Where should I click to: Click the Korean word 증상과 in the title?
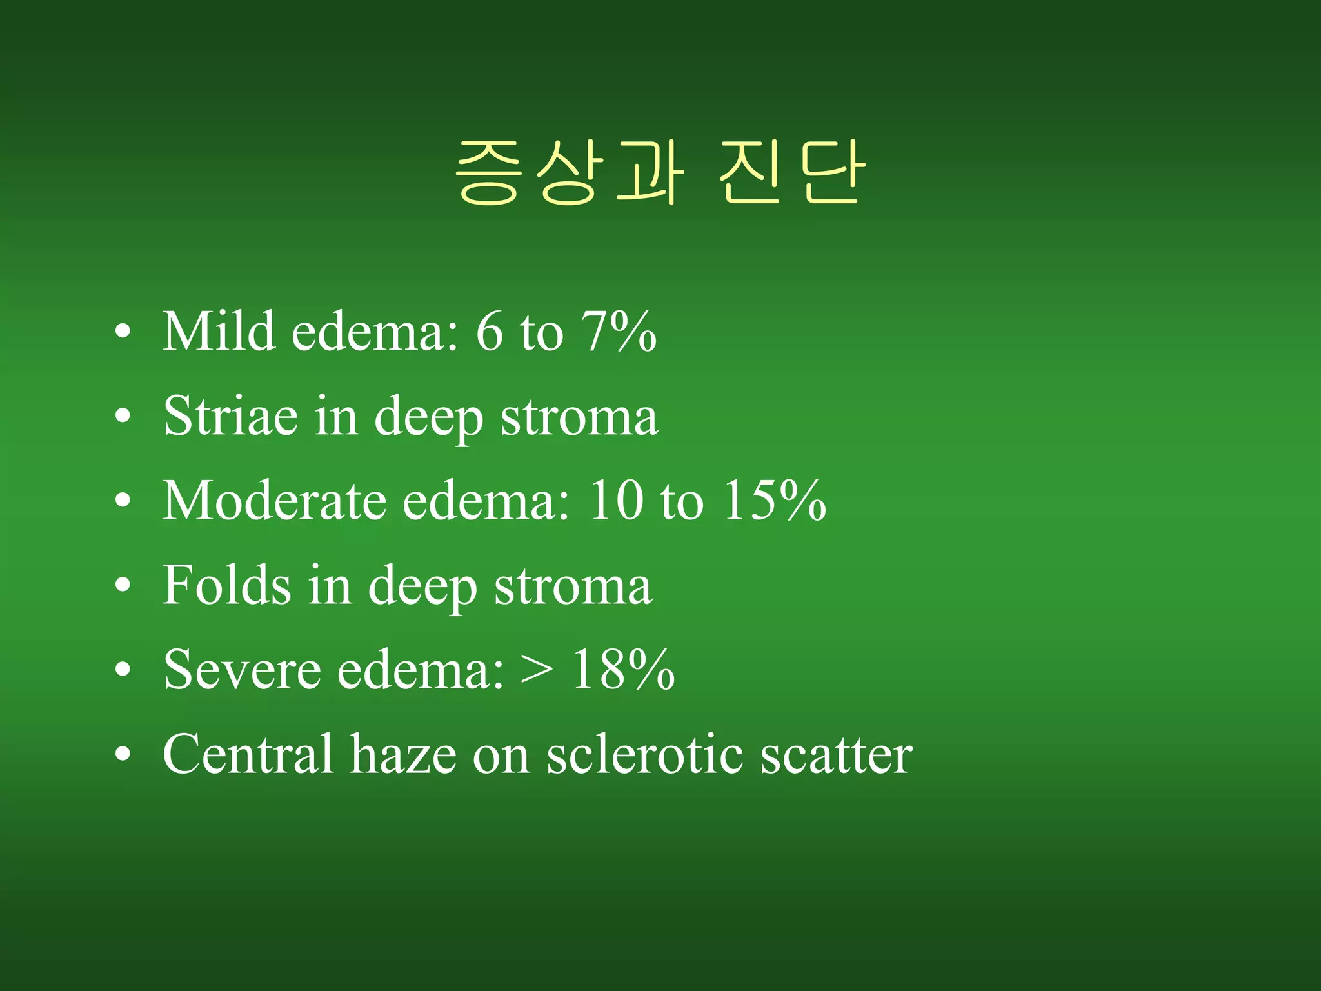[x=569, y=173]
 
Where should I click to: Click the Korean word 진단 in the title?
[x=791, y=173]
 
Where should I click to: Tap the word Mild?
[x=219, y=332]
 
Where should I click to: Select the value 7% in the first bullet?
[x=619, y=332]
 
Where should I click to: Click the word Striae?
[x=230, y=416]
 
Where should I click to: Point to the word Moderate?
[x=274, y=501]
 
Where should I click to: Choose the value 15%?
[x=774, y=501]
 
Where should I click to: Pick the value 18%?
[x=623, y=670]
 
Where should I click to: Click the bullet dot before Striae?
[x=123, y=417]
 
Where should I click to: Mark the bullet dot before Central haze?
[x=123, y=756]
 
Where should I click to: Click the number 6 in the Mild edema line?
[x=489, y=332]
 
